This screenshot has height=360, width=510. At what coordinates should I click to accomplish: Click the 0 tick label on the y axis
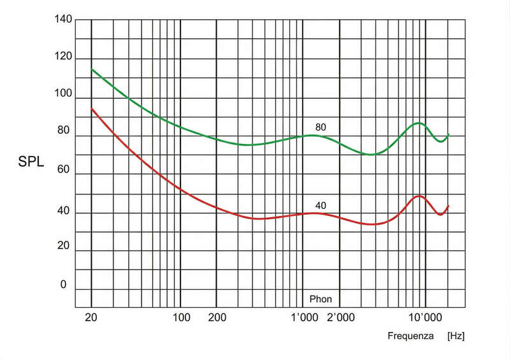tap(62, 285)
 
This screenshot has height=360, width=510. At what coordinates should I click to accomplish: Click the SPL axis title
tap(31, 162)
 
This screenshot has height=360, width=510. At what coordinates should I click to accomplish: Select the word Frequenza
tap(410, 335)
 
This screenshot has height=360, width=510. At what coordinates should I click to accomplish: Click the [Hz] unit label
tap(456, 335)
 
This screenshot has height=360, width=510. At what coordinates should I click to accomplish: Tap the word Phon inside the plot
tap(321, 298)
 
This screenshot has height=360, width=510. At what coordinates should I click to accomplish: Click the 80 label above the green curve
tap(321, 127)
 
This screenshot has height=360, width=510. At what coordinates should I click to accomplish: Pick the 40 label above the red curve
tap(321, 205)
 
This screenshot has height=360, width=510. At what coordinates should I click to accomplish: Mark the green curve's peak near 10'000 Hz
tap(418, 122)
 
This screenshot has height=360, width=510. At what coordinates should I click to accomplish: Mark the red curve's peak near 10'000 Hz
tap(418, 196)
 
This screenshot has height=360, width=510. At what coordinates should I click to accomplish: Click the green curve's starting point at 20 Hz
tap(92, 69)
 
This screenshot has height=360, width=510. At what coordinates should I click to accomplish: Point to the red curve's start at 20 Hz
tap(92, 108)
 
